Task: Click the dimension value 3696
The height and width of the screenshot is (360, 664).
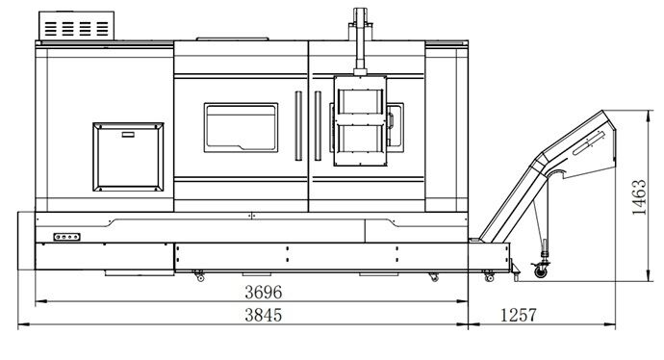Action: pyautogui.click(x=263, y=292)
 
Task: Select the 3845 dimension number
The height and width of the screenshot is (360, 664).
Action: pyautogui.click(x=263, y=315)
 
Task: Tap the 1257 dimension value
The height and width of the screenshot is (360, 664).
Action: pyautogui.click(x=519, y=315)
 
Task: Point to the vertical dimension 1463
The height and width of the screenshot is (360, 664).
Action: pyautogui.click(x=639, y=197)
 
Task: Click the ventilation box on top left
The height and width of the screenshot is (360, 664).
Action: pyautogui.click(x=77, y=26)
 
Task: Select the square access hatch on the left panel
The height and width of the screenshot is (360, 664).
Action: pyautogui.click(x=128, y=157)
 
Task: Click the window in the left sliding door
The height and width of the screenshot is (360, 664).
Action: pyautogui.click(x=241, y=127)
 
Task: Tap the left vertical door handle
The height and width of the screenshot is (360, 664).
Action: pyautogui.click(x=298, y=126)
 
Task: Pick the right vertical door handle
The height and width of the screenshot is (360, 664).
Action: pyautogui.click(x=318, y=126)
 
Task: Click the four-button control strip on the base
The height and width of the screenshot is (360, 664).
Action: pyautogui.click(x=67, y=237)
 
